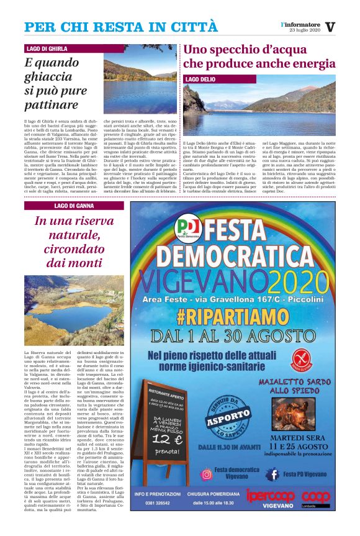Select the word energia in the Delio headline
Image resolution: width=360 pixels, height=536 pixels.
coord(311,63)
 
